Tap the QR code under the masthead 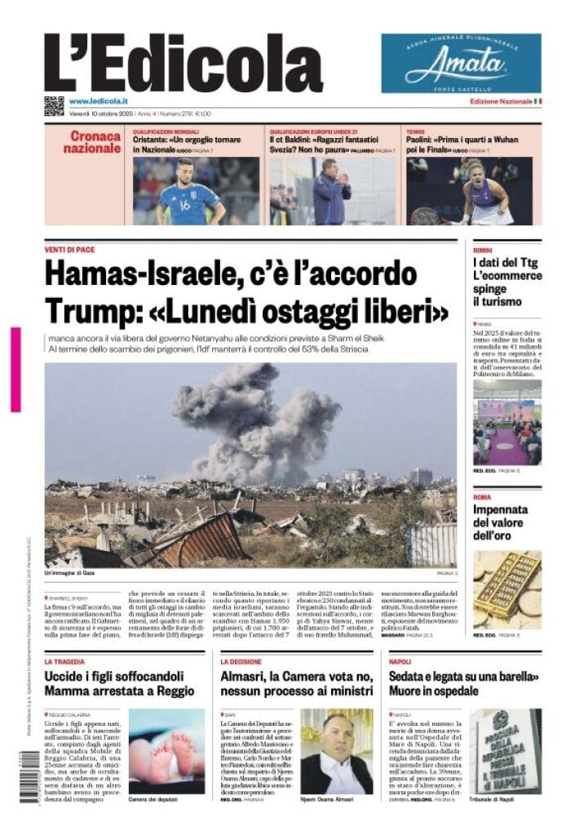coord(54,105)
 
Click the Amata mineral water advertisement coord(461,63)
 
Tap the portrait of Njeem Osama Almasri coord(336,751)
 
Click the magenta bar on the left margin coord(15,369)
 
